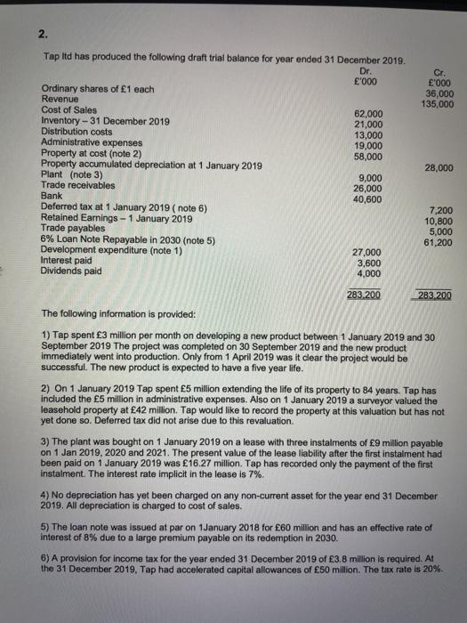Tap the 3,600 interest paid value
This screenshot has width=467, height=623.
371,263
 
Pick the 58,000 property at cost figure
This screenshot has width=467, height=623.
369,156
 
